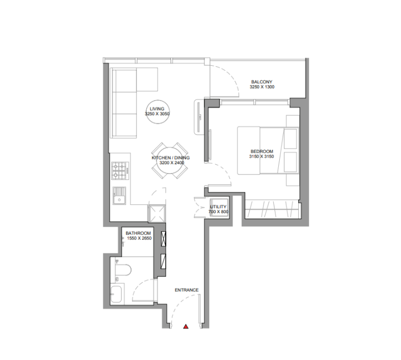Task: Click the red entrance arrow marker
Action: (186, 326)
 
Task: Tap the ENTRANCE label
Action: (187, 290)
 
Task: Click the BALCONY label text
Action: (261, 82)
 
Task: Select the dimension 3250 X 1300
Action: (262, 87)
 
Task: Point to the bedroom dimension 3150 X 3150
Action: (261, 156)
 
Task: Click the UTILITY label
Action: (218, 207)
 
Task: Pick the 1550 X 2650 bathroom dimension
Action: (140, 238)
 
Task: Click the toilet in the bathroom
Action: (123, 270)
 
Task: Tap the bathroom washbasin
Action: (117, 294)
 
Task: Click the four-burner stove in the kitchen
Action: (120, 171)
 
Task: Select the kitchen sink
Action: (119, 196)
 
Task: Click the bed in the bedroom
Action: (268, 151)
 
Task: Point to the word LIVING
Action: (157, 109)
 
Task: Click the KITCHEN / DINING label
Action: (171, 158)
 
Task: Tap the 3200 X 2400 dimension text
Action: (172, 163)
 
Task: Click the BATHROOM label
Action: (138, 233)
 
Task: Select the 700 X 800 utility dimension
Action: (218, 212)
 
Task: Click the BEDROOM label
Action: (262, 152)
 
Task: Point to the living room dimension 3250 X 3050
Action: (157, 114)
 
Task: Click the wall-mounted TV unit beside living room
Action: (199, 117)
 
